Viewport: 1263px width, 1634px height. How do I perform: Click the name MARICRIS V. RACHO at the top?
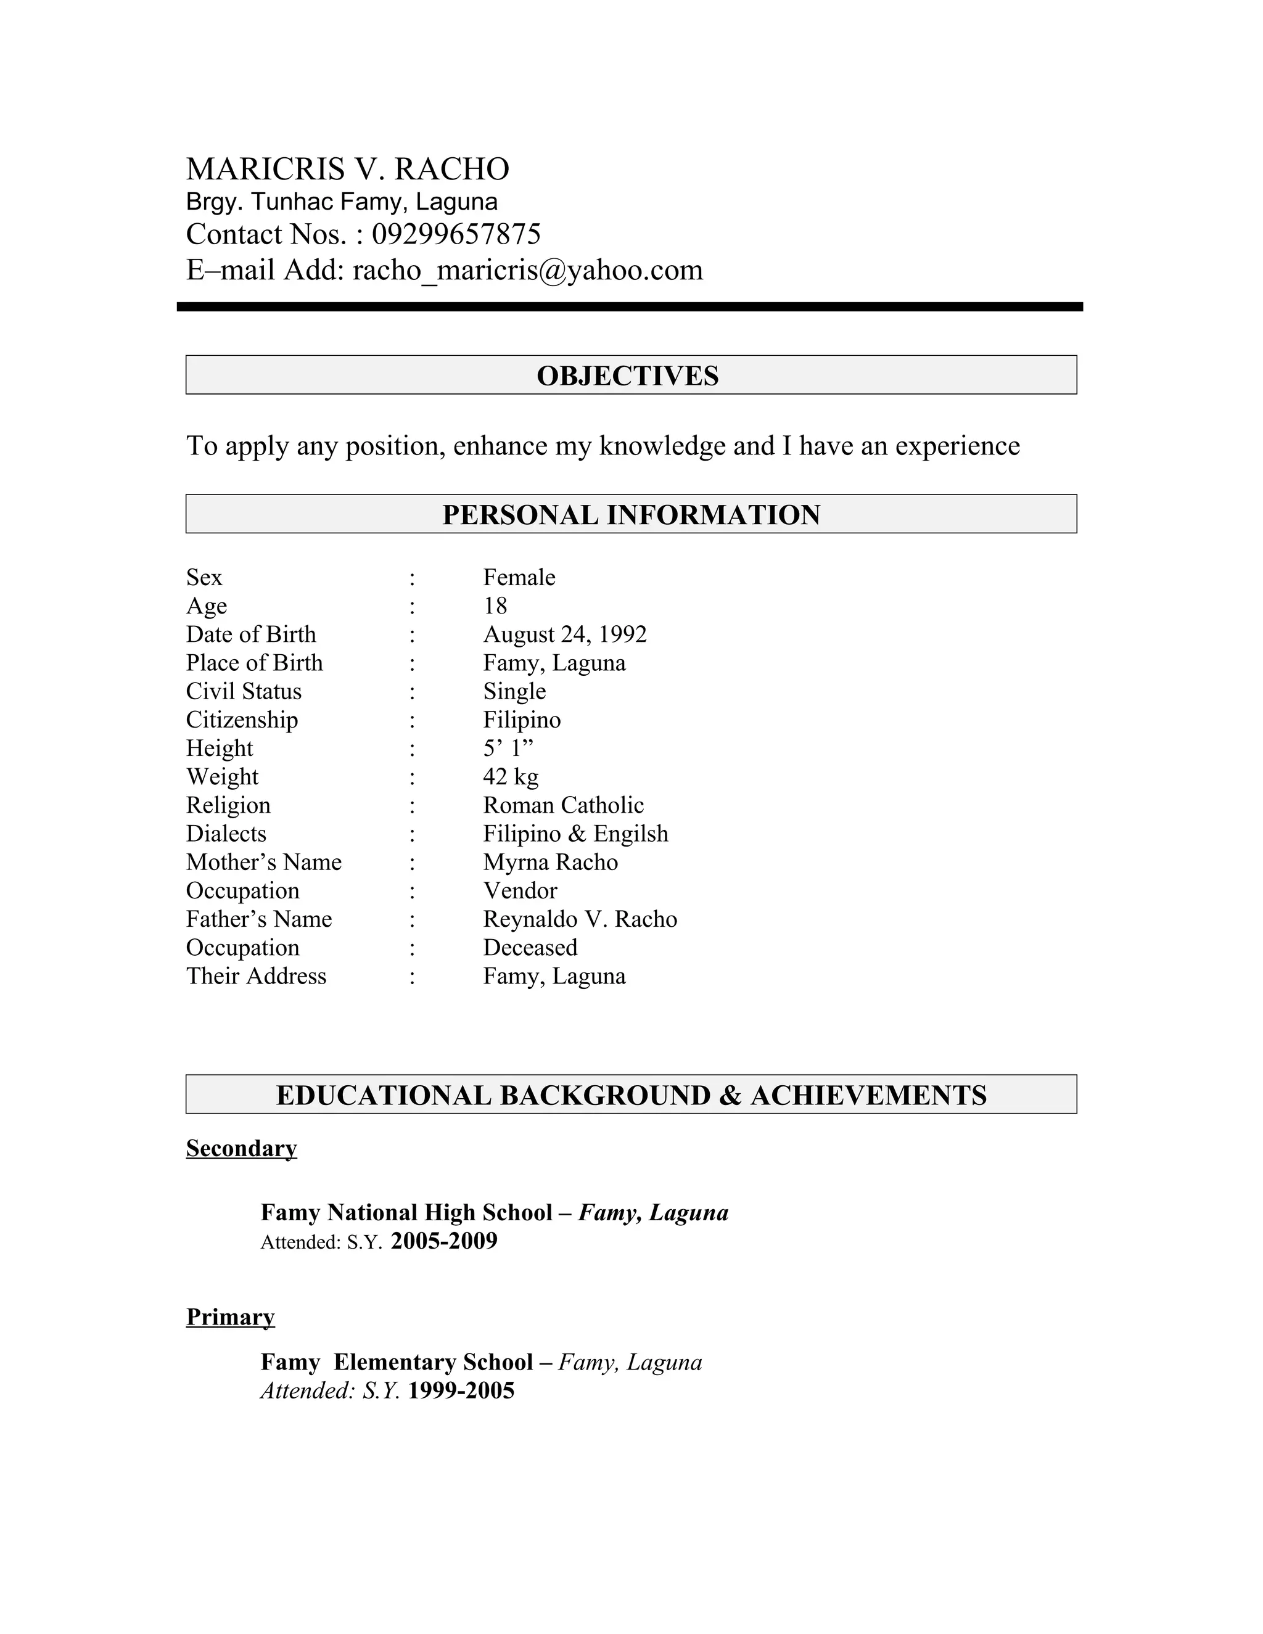click(x=347, y=169)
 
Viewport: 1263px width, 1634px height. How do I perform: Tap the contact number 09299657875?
click(x=456, y=234)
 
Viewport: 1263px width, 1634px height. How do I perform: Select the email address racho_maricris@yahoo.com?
click(x=527, y=270)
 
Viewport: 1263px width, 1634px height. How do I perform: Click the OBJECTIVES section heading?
click(x=628, y=376)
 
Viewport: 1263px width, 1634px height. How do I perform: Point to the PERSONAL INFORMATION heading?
click(x=631, y=515)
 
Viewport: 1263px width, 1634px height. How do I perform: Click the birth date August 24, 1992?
click(x=564, y=634)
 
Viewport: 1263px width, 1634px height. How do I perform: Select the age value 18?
click(x=495, y=606)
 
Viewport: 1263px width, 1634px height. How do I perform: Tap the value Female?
click(x=519, y=578)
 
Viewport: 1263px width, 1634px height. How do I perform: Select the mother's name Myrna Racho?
click(x=550, y=862)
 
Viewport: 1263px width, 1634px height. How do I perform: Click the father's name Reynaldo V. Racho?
click(x=580, y=919)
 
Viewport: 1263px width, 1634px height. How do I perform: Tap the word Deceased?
click(x=530, y=947)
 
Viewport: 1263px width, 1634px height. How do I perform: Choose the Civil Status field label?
click(x=244, y=691)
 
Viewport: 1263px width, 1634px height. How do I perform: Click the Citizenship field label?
click(x=242, y=720)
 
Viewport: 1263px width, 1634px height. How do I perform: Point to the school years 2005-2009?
click(x=443, y=1241)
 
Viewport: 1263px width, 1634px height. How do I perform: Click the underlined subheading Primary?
click(x=231, y=1317)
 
